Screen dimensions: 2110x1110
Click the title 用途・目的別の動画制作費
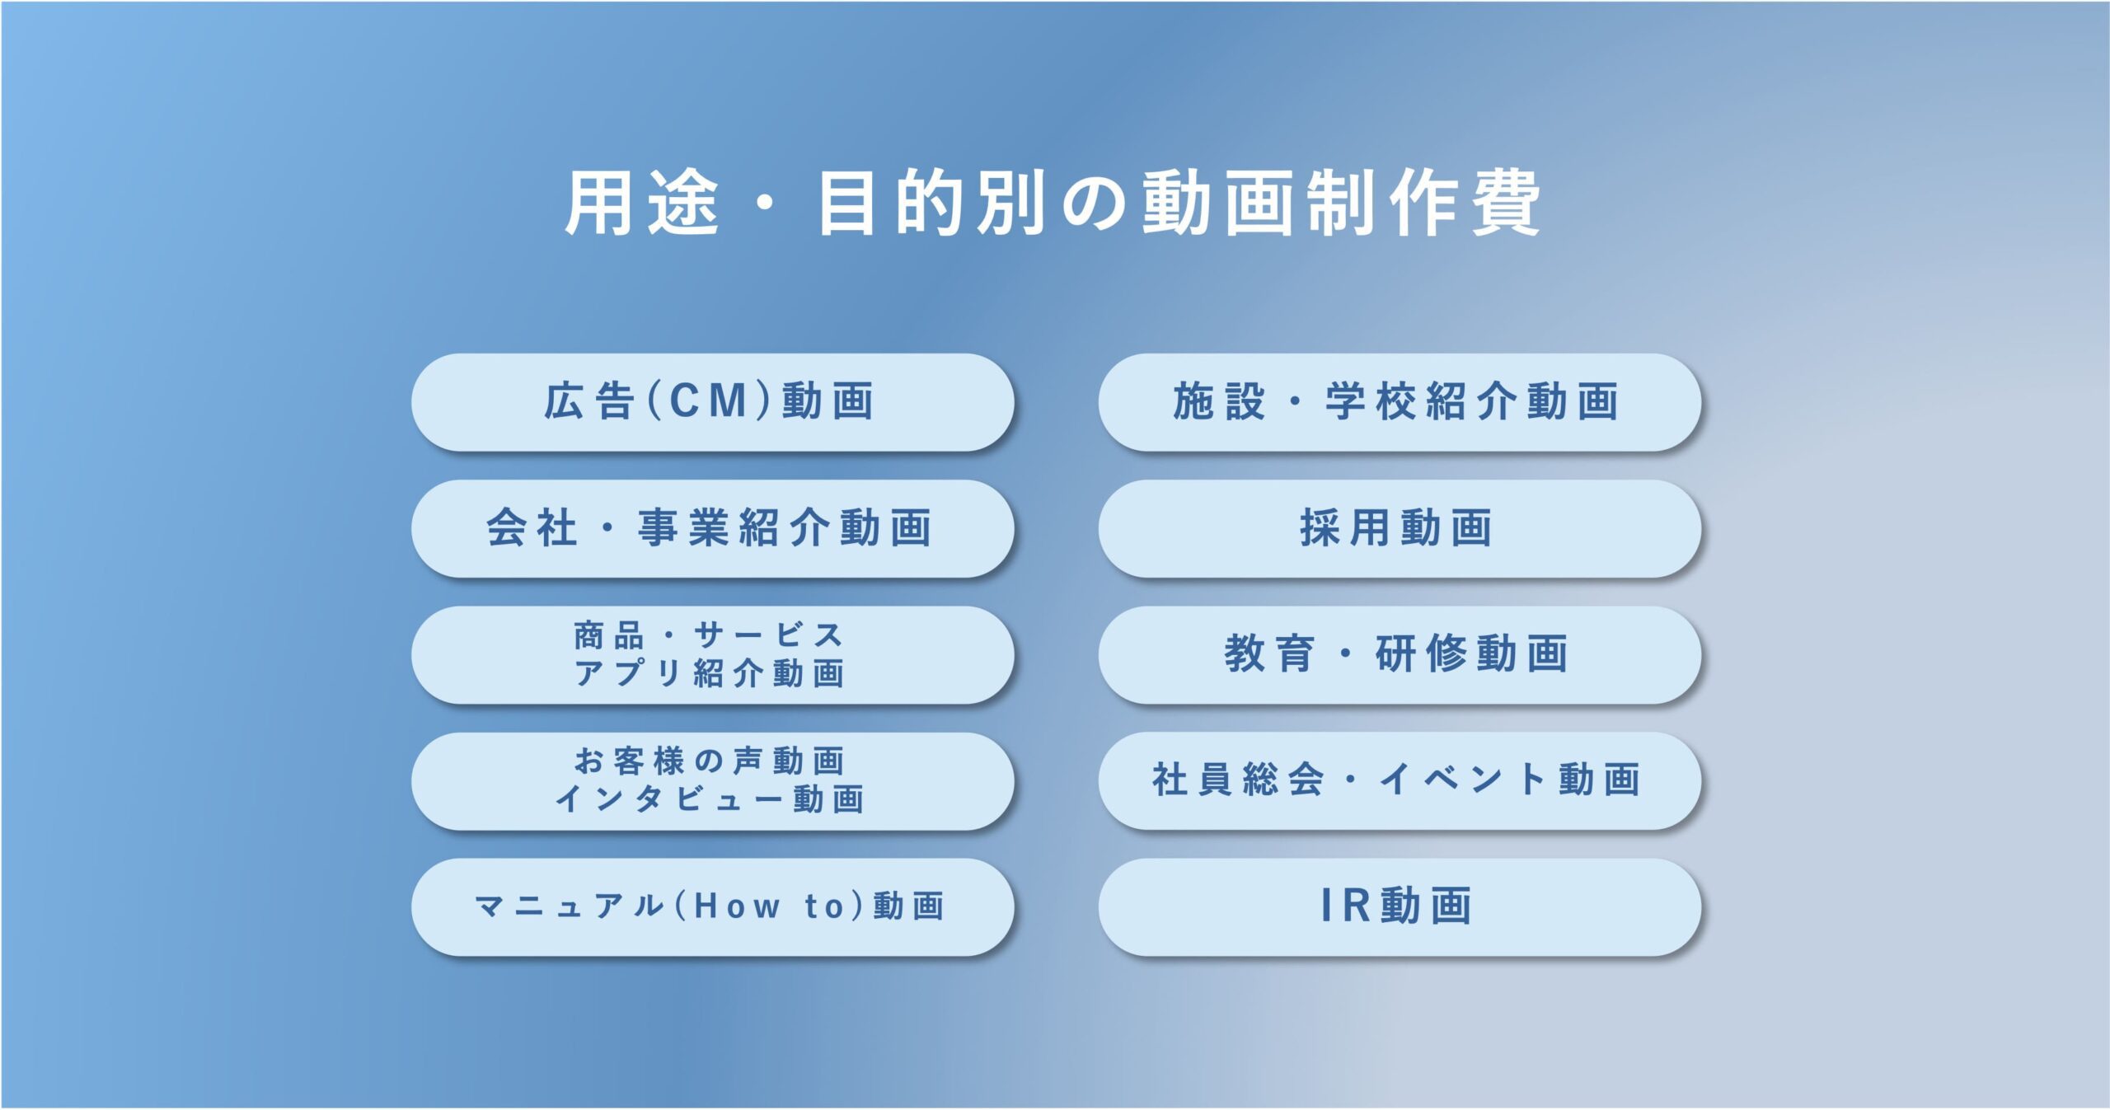tap(1053, 203)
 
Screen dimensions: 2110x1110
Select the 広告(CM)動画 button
tap(713, 402)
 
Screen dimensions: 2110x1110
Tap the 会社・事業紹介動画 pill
tap(713, 528)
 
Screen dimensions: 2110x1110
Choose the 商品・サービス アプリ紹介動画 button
tap(713, 655)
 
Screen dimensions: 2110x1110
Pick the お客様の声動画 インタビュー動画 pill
tap(713, 781)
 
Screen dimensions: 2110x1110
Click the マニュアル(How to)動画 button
tap(713, 907)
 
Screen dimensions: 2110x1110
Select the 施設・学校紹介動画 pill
tap(1400, 402)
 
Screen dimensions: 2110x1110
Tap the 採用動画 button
tap(1400, 528)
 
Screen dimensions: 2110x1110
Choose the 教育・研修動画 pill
tap(1400, 655)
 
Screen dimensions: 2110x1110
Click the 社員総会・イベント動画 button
tap(1400, 781)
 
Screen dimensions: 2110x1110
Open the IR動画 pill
tap(1400, 907)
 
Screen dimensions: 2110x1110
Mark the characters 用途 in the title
tap(643, 203)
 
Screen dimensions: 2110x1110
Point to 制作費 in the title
tap(1423, 203)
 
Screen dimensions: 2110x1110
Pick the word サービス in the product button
tap(768, 635)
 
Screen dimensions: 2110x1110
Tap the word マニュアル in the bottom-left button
tap(570, 906)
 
